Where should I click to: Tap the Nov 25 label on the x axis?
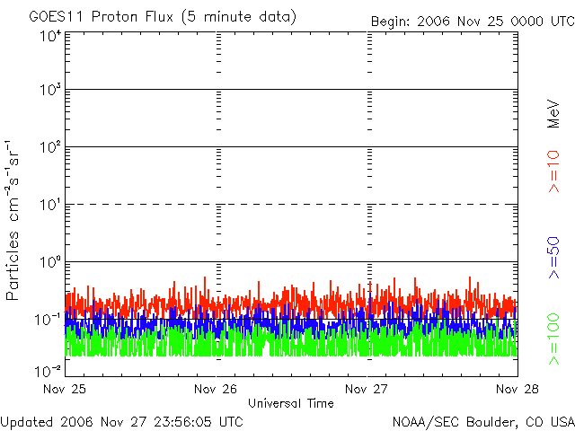(65, 389)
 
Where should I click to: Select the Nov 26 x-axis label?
(216, 389)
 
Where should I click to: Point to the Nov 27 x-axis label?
(367, 389)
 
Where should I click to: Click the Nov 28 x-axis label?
(517, 389)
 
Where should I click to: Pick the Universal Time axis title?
(291, 403)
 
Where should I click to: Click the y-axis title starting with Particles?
(12, 220)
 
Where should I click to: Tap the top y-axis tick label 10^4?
(50, 36)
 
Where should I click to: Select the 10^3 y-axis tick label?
(50, 89)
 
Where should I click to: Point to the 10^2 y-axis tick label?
(50, 146)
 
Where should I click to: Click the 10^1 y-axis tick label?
(50, 204)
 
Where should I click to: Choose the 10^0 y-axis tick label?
(50, 261)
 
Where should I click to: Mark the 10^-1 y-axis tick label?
(49, 320)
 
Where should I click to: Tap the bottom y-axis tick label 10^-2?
(49, 371)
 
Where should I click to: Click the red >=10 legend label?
(553, 172)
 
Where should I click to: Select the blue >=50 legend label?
(553, 258)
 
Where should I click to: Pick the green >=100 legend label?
(553, 339)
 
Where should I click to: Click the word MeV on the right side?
(553, 114)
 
